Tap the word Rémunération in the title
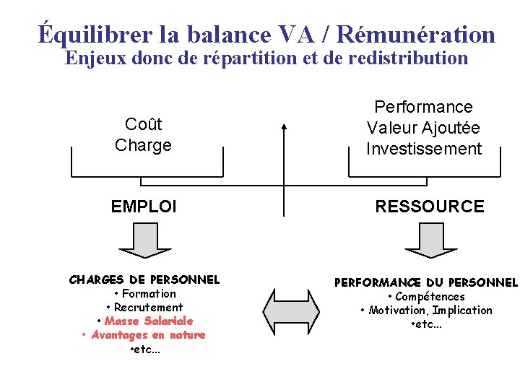click(416, 34)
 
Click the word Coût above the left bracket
click(143, 124)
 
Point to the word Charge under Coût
click(143, 145)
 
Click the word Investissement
click(423, 149)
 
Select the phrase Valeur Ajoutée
click(423, 129)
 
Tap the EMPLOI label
click(144, 207)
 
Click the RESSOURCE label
click(430, 207)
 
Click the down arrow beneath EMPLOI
click(144, 240)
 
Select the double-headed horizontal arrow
click(291, 312)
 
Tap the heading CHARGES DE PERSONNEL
click(144, 279)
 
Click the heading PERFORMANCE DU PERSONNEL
click(425, 282)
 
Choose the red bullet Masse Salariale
click(149, 321)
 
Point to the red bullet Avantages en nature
click(148, 335)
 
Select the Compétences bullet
click(430, 297)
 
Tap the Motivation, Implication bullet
click(430, 311)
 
